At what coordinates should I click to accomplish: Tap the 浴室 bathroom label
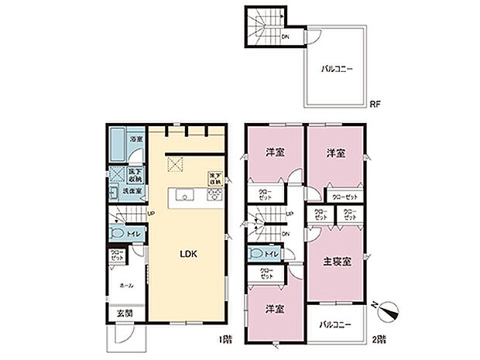click(x=135, y=139)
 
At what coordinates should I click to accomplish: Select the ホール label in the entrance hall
click(x=125, y=285)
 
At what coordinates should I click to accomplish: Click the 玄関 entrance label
click(x=124, y=313)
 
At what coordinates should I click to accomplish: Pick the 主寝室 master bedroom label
click(x=337, y=261)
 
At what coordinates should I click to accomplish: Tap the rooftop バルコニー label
click(x=337, y=69)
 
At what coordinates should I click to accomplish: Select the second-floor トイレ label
click(x=271, y=252)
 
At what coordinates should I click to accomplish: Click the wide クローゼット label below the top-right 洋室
click(x=345, y=197)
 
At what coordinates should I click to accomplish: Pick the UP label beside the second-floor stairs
click(x=288, y=214)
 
